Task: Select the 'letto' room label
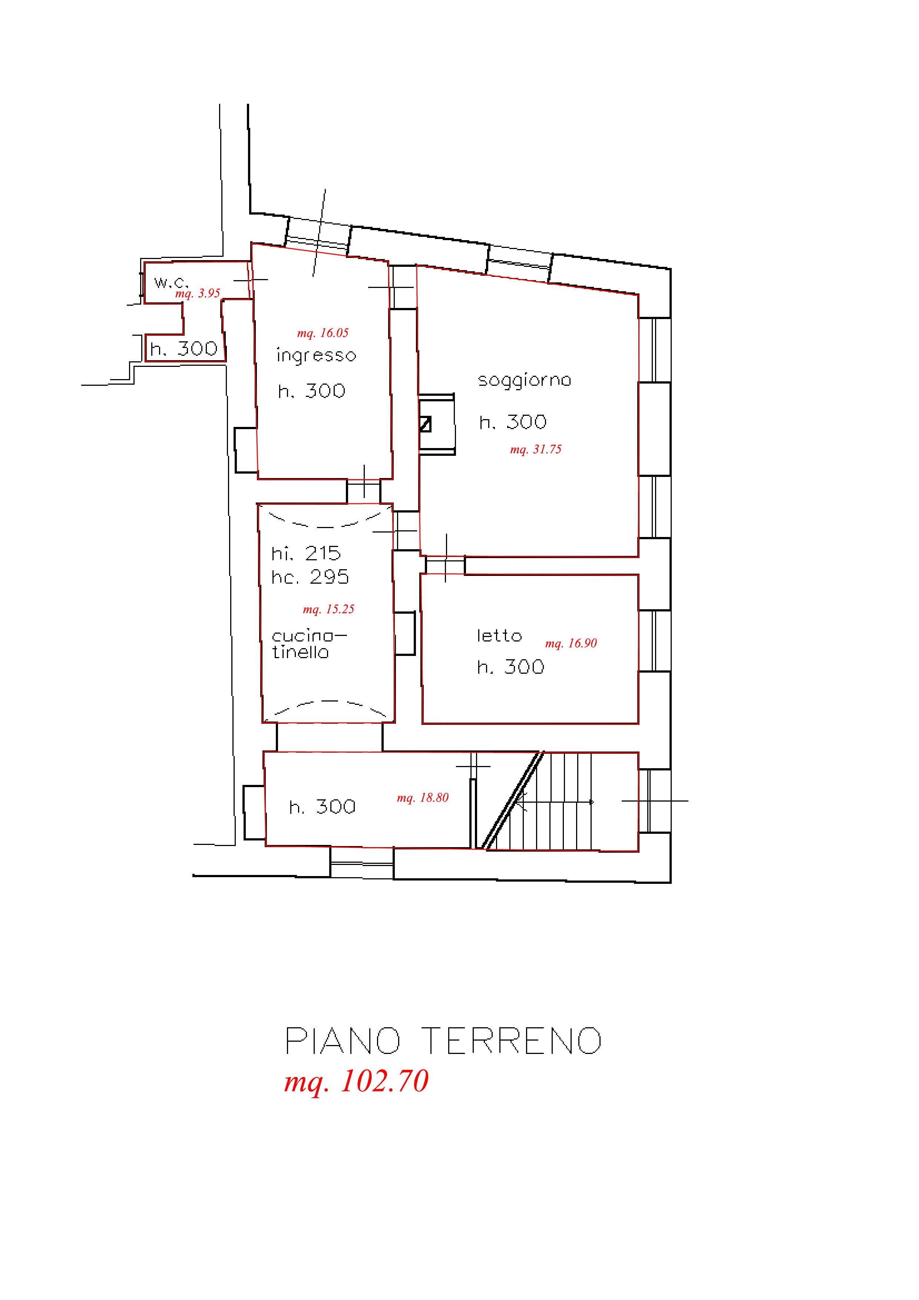(x=499, y=636)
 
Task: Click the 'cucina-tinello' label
(x=309, y=644)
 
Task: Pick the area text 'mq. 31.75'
(x=536, y=450)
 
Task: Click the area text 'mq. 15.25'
(x=328, y=609)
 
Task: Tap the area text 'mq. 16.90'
(x=571, y=643)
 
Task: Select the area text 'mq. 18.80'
(x=422, y=798)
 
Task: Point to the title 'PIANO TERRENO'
(x=443, y=1040)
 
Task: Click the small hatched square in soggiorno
(x=425, y=424)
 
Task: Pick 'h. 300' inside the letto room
(x=510, y=667)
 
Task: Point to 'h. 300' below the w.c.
(x=184, y=349)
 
